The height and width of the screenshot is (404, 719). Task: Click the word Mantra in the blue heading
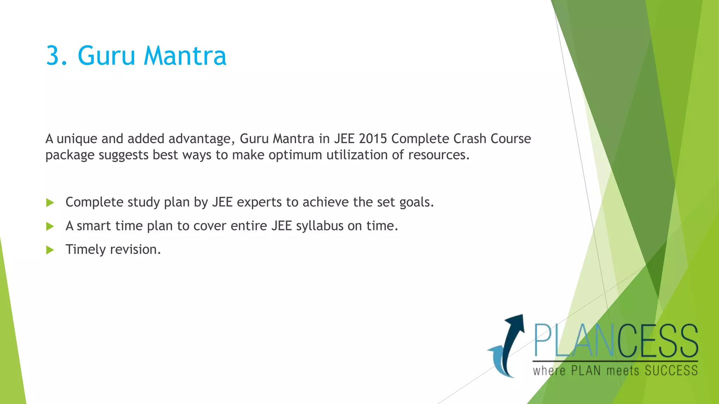point(185,56)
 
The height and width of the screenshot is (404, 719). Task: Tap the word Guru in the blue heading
point(106,56)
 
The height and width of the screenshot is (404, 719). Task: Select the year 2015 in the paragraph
point(373,139)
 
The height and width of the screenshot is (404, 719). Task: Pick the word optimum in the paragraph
point(295,155)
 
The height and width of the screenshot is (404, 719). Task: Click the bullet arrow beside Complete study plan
point(50,203)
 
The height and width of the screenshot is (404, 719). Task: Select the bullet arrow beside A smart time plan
point(50,227)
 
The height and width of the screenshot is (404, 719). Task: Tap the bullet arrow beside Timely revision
point(50,250)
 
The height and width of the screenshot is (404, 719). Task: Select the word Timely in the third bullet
point(86,250)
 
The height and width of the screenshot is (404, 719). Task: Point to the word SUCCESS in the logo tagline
point(671,371)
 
